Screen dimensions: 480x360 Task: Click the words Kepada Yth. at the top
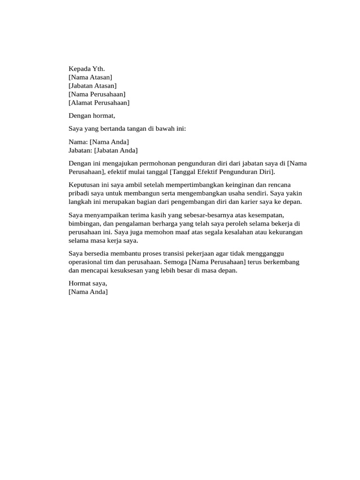tap(87, 69)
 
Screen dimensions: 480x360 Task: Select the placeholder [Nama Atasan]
tap(90, 77)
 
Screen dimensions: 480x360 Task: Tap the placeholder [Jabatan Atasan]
tap(92, 86)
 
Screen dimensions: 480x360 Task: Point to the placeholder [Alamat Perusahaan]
tap(99, 103)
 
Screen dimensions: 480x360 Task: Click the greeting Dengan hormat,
tap(92, 115)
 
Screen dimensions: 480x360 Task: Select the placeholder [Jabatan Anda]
tap(116, 150)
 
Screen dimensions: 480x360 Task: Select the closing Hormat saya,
tap(88, 284)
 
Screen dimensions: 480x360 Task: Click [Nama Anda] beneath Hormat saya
tap(88, 292)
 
